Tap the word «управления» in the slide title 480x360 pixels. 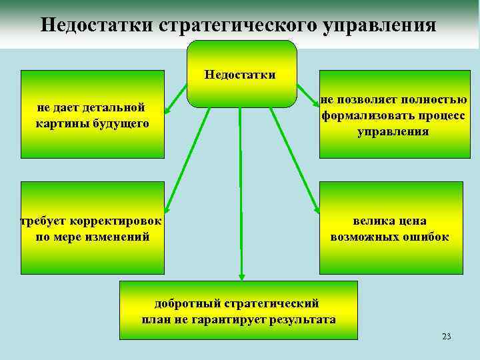click(380, 25)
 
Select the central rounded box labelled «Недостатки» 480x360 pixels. click(241, 74)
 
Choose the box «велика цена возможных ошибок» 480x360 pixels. click(390, 228)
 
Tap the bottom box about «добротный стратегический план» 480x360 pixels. click(238, 311)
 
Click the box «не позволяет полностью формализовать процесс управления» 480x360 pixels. click(390, 114)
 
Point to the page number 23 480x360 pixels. click(446, 336)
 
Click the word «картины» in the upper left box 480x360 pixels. click(64, 124)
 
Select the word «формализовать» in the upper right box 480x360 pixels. click(364, 115)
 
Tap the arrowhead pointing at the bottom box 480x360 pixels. click(241, 275)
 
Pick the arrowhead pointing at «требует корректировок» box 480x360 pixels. click(168, 208)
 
